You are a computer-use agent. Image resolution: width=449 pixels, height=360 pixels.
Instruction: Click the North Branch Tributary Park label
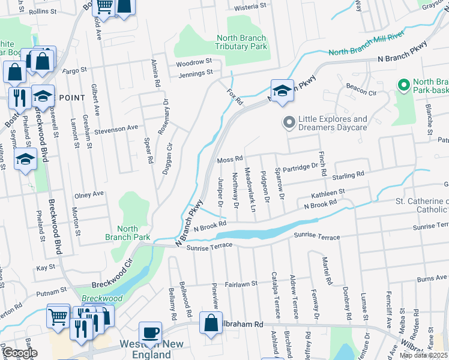[241, 42]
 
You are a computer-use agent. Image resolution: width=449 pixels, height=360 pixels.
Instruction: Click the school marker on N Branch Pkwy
[282, 91]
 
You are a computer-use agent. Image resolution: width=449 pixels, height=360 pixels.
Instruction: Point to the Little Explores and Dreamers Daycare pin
[289, 123]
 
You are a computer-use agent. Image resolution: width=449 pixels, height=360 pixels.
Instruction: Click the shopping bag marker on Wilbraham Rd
[211, 323]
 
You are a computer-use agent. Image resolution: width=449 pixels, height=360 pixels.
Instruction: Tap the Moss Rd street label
[230, 159]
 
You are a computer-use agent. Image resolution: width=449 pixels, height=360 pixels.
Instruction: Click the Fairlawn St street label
[241, 283]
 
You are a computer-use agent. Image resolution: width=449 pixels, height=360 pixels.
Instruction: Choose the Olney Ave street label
[89, 194]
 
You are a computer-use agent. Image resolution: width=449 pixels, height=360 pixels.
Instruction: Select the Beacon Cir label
[360, 93]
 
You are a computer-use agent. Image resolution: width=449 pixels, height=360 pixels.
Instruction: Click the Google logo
[20, 353]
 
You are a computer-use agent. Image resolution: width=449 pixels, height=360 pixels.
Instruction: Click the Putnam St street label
[51, 291]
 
